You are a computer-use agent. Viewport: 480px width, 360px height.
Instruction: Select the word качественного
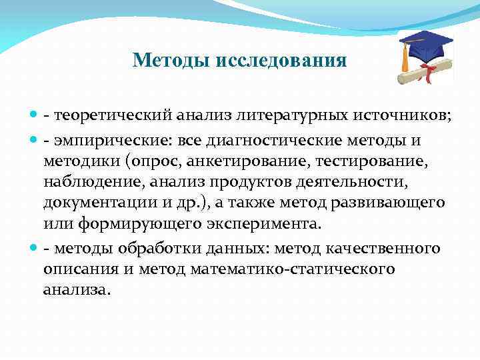(383, 249)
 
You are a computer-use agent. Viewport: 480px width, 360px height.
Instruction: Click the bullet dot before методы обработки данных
(34, 249)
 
